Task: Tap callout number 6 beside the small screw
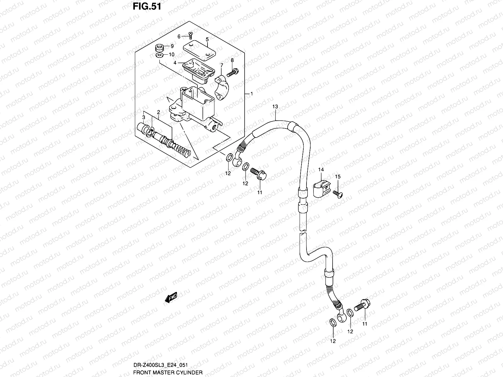click(179, 37)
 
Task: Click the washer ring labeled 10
click(160, 55)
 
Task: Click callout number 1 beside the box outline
click(251, 94)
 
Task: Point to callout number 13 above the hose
click(275, 107)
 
